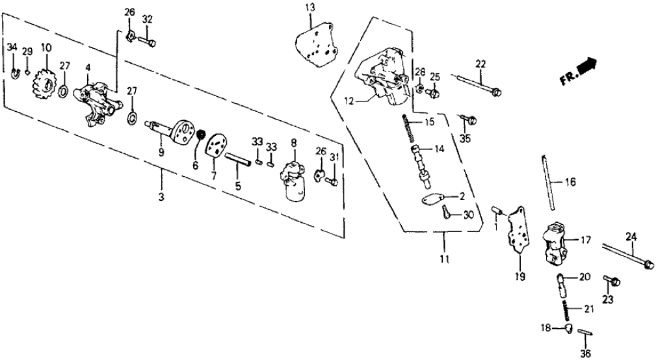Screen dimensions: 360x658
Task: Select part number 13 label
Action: coord(309,7)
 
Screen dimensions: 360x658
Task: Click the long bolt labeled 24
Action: coord(627,255)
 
